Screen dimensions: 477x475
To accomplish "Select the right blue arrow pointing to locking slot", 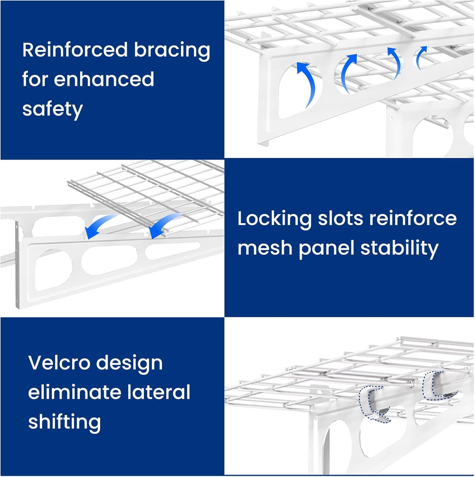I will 166,224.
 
